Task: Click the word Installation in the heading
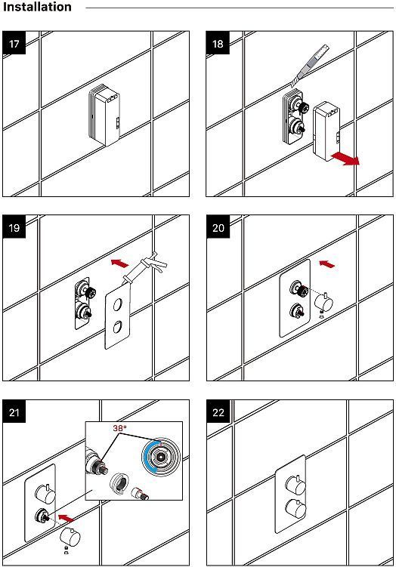click(x=37, y=7)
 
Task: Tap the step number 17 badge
click(x=14, y=43)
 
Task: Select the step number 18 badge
click(x=218, y=43)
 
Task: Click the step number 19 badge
click(x=14, y=227)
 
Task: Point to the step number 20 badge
click(x=218, y=227)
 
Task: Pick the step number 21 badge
click(x=14, y=412)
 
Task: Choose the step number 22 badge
click(x=218, y=412)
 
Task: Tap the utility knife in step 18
click(x=310, y=66)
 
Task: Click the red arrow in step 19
click(x=120, y=263)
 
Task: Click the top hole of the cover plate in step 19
click(x=118, y=304)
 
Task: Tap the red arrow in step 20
click(x=327, y=263)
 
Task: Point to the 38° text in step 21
click(x=120, y=428)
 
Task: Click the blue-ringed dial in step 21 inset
click(x=161, y=457)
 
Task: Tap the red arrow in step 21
click(x=67, y=518)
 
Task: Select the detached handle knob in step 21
click(x=70, y=536)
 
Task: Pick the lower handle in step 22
click(x=295, y=509)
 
